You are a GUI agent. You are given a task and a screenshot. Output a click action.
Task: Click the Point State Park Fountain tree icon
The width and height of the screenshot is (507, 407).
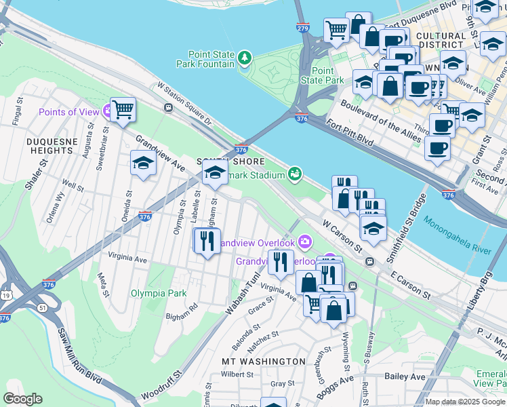[x=245, y=60]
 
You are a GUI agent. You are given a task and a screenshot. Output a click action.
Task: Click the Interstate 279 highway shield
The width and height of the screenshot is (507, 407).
[x=303, y=28]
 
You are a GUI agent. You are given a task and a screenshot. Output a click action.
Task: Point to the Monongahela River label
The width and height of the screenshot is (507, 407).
[x=458, y=235]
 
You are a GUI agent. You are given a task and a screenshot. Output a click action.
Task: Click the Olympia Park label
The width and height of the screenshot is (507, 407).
[x=159, y=294]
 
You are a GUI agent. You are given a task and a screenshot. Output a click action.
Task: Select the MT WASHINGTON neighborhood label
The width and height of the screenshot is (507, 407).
[x=264, y=361]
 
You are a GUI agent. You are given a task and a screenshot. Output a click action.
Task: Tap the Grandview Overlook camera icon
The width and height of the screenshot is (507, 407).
[x=305, y=241]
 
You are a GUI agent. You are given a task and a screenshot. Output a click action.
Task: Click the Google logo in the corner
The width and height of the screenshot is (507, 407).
[x=22, y=399]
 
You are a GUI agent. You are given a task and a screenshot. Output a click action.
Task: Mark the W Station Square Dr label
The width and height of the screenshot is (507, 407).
[x=184, y=104]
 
